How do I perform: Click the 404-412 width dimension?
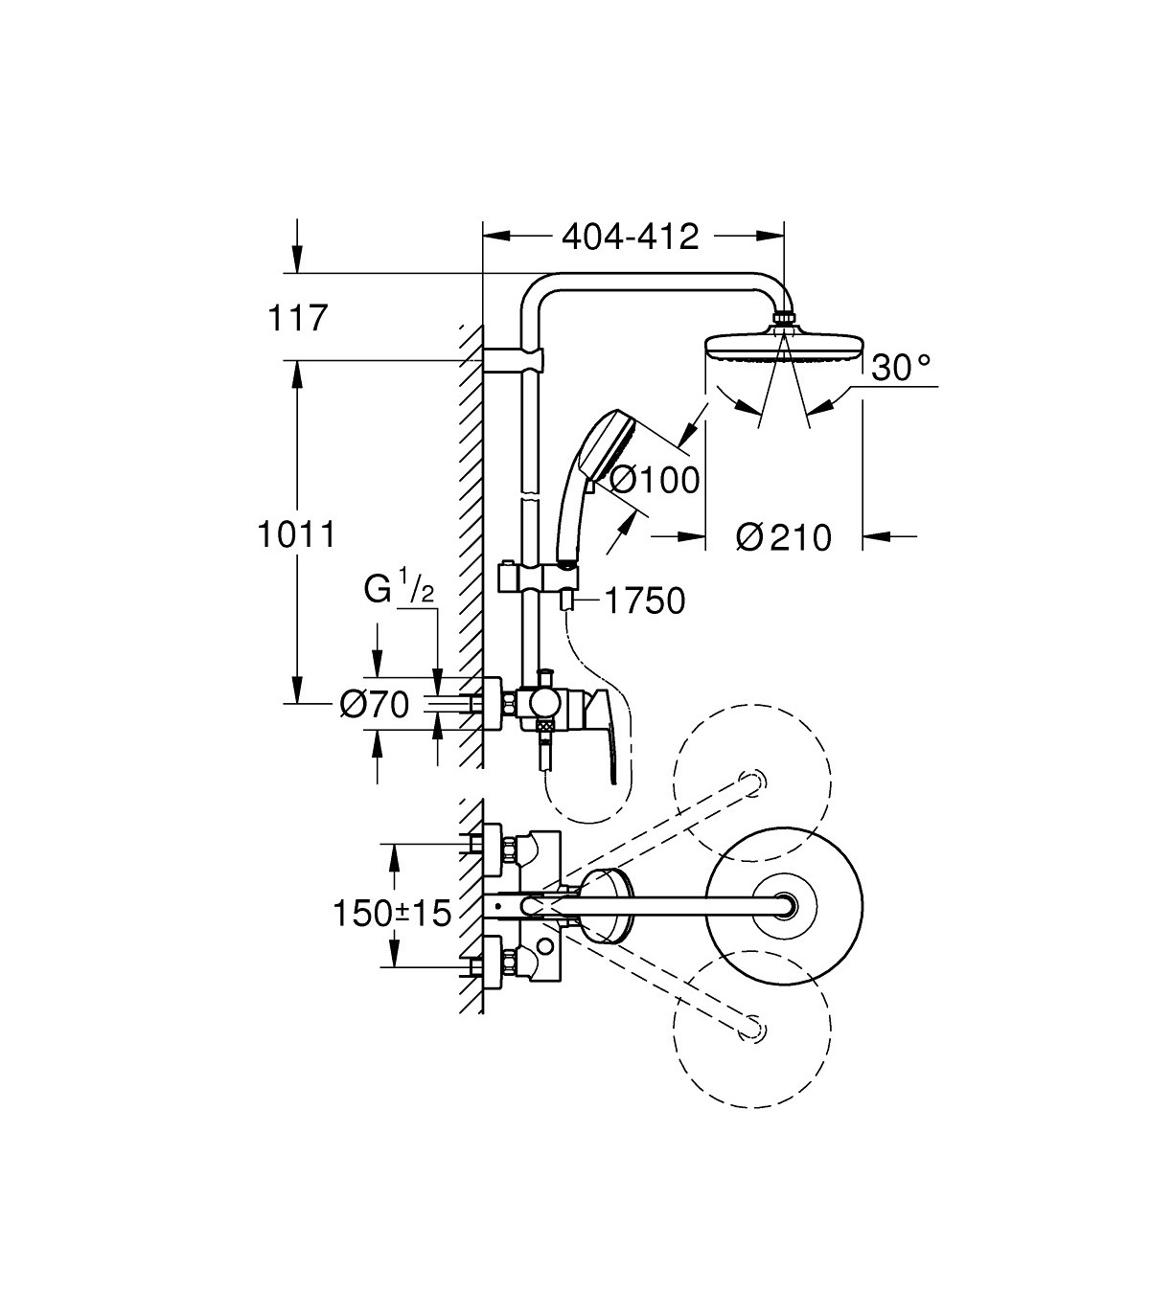(x=631, y=238)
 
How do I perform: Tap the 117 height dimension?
(x=297, y=319)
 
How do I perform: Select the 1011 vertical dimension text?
(x=296, y=535)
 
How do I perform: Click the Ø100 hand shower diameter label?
(x=654, y=480)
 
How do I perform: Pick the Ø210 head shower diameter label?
(x=784, y=537)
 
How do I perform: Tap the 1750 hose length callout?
(x=646, y=601)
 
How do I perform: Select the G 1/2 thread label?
(x=399, y=590)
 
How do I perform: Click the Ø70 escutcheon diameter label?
(x=375, y=706)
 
